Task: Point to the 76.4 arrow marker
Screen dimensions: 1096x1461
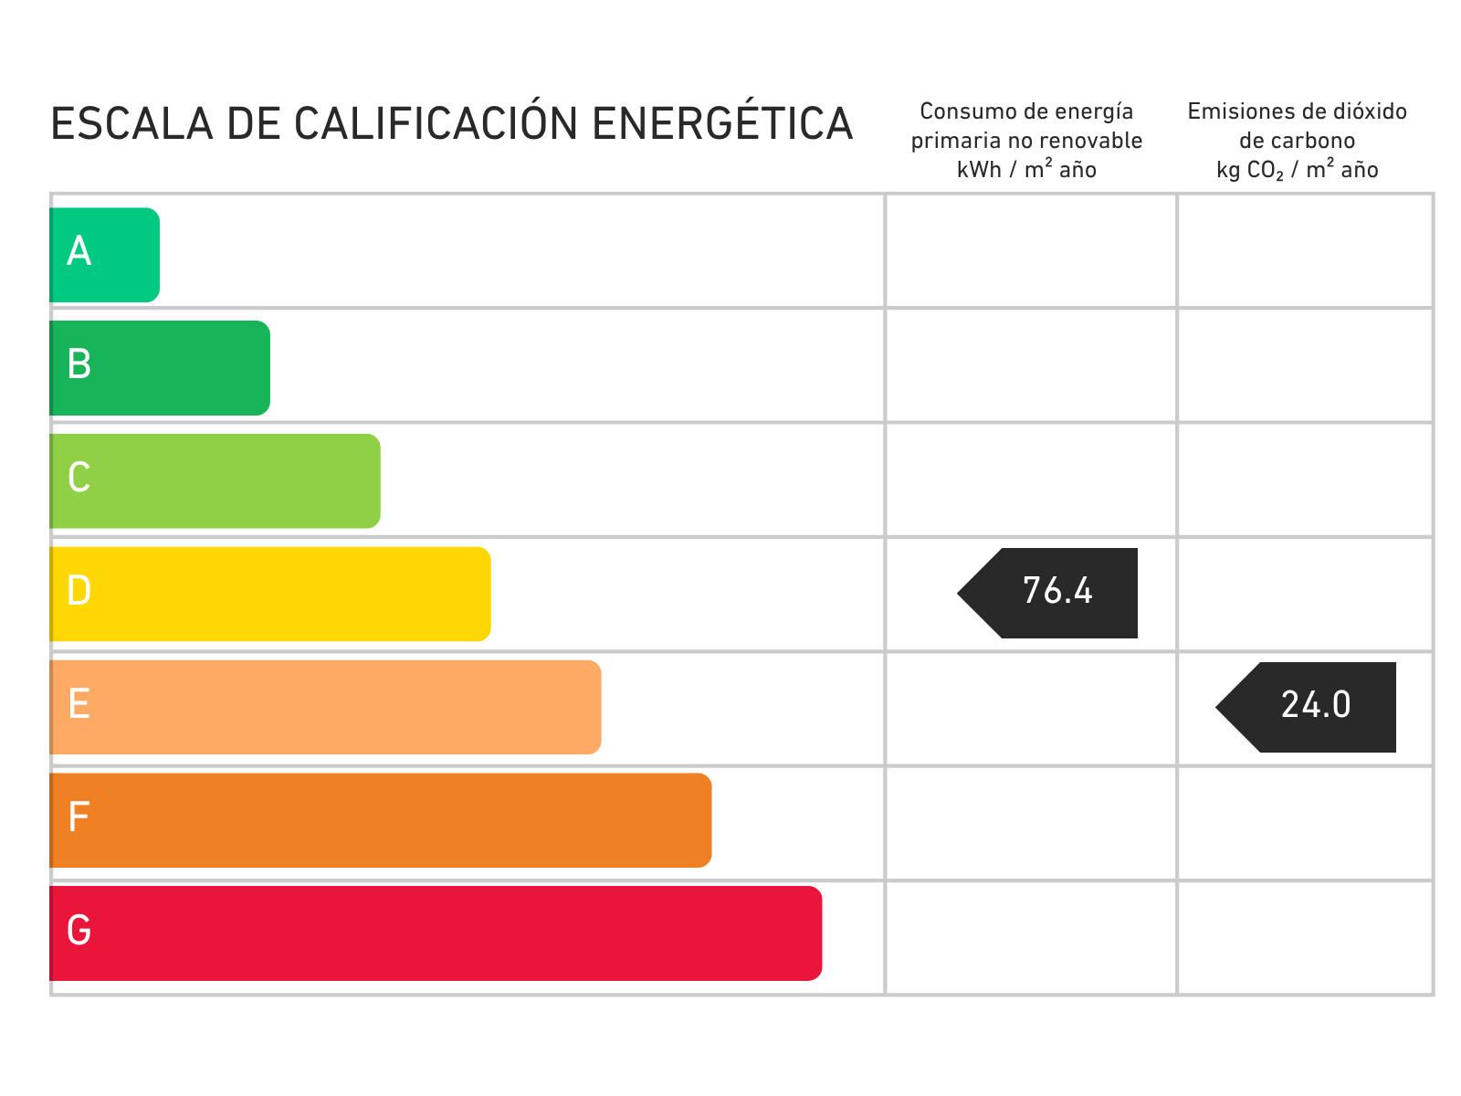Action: click(x=1050, y=593)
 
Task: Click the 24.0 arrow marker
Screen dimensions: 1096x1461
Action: click(x=1309, y=707)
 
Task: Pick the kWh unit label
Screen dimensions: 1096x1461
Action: click(x=979, y=170)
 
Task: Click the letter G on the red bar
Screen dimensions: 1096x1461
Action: click(x=79, y=931)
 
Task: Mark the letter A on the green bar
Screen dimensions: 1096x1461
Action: click(x=79, y=251)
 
